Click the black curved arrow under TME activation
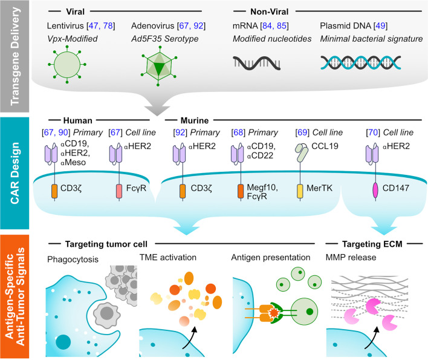pos(194,332)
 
